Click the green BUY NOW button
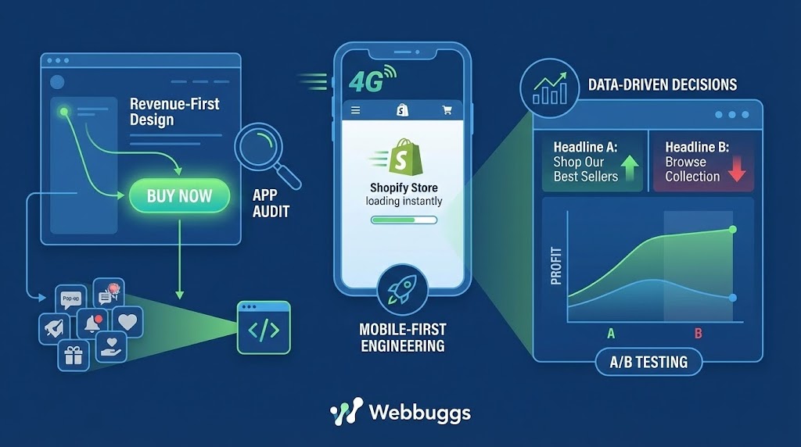(179, 195)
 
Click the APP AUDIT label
(271, 203)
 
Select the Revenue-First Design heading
(174, 112)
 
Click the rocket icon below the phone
(402, 289)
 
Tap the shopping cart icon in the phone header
(447, 111)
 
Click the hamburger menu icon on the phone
(356, 111)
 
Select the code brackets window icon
(263, 329)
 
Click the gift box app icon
(74, 356)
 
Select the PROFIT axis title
(557, 266)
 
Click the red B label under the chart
(699, 334)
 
